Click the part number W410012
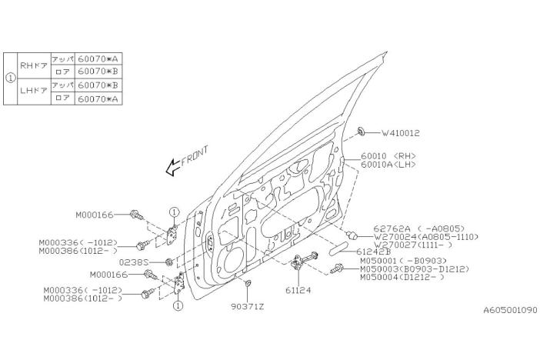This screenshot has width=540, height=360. click(398, 133)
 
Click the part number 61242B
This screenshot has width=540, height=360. click(375, 251)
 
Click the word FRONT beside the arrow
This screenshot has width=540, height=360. click(195, 155)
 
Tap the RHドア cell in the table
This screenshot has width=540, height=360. click(34, 65)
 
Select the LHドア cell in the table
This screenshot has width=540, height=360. click(34, 91)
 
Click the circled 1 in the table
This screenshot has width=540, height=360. click(10, 78)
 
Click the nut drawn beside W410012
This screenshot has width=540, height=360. click(362, 132)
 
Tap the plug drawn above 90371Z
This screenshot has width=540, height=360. click(246, 287)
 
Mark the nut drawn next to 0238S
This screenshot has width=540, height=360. click(168, 263)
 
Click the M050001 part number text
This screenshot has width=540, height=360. click(381, 261)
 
